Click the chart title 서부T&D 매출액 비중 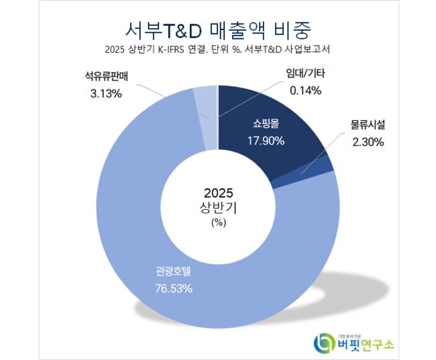[217, 29]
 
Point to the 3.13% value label [105, 94]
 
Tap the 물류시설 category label [367, 125]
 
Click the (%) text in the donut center [219, 222]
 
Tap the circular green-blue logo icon [324, 344]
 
